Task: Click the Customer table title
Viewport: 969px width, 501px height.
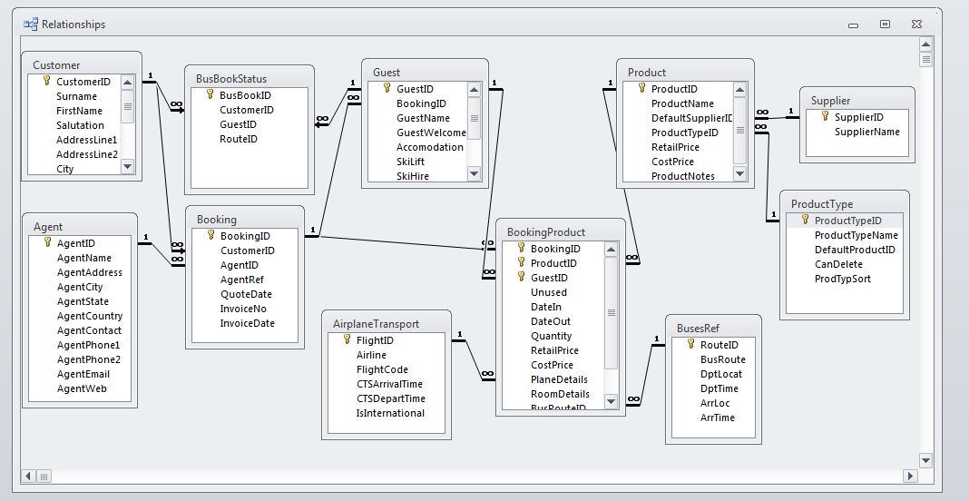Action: coord(56,65)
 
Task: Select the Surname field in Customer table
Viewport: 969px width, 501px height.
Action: coord(76,96)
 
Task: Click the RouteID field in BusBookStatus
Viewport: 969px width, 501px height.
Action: coord(238,139)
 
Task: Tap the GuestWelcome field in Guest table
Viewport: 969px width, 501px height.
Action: coord(431,133)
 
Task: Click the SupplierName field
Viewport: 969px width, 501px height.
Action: coord(866,132)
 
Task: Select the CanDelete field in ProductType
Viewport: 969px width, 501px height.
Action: coord(838,264)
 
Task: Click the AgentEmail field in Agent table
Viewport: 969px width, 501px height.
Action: coord(83,374)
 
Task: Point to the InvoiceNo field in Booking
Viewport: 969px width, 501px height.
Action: coord(243,309)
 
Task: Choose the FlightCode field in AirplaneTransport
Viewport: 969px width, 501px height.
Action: coord(382,369)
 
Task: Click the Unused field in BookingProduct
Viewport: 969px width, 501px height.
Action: coord(548,292)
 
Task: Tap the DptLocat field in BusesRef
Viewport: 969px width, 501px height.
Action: coord(720,374)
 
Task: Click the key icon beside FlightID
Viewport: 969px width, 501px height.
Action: coord(347,339)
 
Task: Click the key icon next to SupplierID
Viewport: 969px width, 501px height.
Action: coord(825,116)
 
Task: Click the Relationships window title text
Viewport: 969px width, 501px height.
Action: coord(73,25)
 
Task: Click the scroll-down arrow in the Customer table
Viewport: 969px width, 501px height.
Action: coord(127,166)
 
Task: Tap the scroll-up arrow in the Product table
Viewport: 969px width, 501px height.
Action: coord(739,89)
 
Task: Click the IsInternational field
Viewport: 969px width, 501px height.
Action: coord(390,413)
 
